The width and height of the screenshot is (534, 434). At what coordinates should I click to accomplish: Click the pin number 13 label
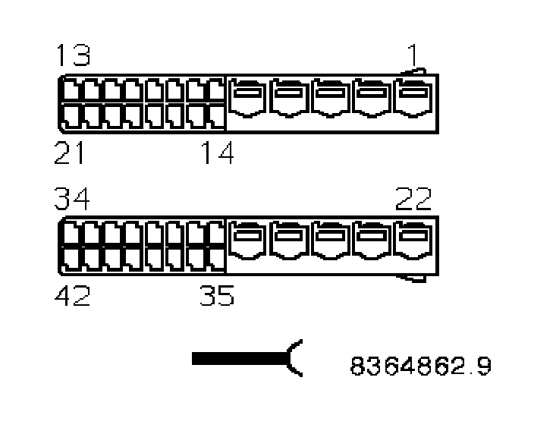point(72,55)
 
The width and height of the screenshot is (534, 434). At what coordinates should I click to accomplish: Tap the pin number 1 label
point(412,55)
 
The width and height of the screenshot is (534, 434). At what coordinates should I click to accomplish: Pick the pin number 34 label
point(72,200)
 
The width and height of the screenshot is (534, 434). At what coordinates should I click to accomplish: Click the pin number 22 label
point(413,200)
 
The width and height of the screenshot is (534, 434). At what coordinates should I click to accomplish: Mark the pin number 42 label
point(72,296)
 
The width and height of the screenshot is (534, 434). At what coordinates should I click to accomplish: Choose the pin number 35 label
point(218,296)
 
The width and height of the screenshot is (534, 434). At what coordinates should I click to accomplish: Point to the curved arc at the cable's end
point(295,357)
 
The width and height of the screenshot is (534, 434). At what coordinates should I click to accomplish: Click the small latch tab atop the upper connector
point(413,73)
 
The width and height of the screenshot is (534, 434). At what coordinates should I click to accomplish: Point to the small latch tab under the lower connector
point(413,278)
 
